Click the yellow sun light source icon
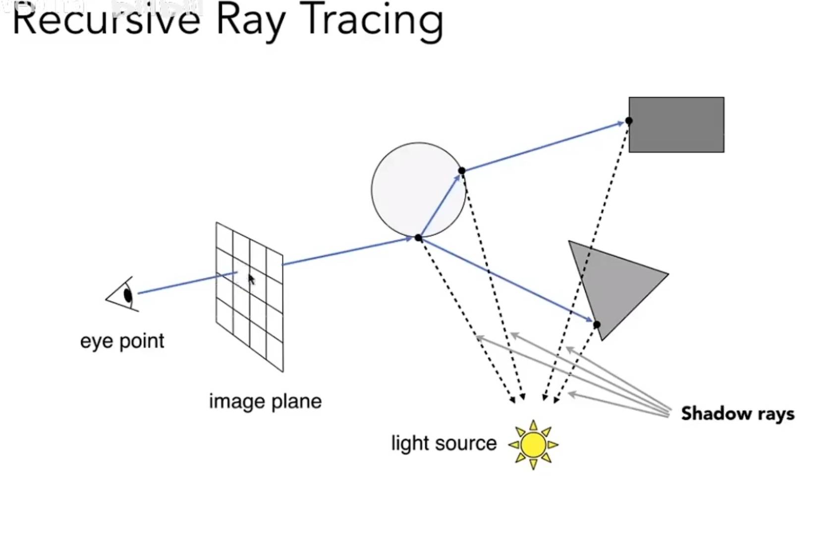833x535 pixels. coord(533,445)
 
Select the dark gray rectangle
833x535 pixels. coord(677,125)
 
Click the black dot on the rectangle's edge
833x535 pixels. coord(629,120)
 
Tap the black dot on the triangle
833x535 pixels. coord(597,324)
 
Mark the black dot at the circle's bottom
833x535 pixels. coord(418,238)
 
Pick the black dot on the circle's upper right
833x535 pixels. coord(462,171)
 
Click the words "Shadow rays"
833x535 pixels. coord(737,414)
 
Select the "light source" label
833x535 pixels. coord(444,443)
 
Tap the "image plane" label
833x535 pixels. coord(265,401)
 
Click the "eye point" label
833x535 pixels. coord(122,341)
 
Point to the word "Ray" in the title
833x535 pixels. coord(250,21)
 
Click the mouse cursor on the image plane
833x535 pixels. coord(251,280)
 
